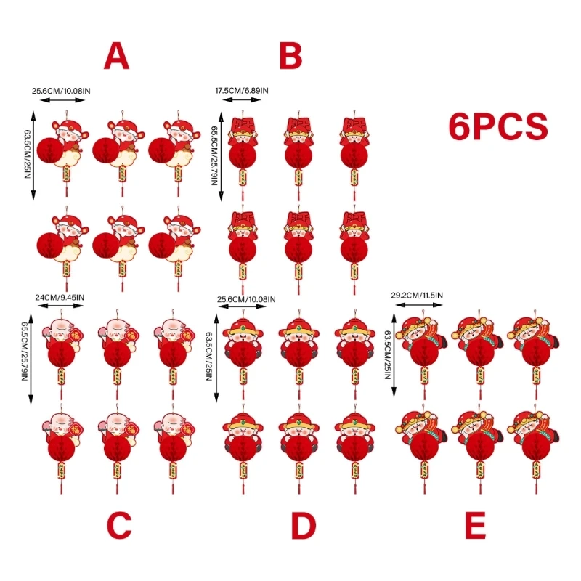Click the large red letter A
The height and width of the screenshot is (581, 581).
pos(116,56)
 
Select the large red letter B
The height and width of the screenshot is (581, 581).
pos(290,56)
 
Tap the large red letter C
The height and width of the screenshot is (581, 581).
pos(118,527)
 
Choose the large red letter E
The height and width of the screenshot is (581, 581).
pos(474,527)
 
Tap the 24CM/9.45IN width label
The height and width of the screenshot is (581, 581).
pos(60,297)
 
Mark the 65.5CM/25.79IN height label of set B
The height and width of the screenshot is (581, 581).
pos(214,154)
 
